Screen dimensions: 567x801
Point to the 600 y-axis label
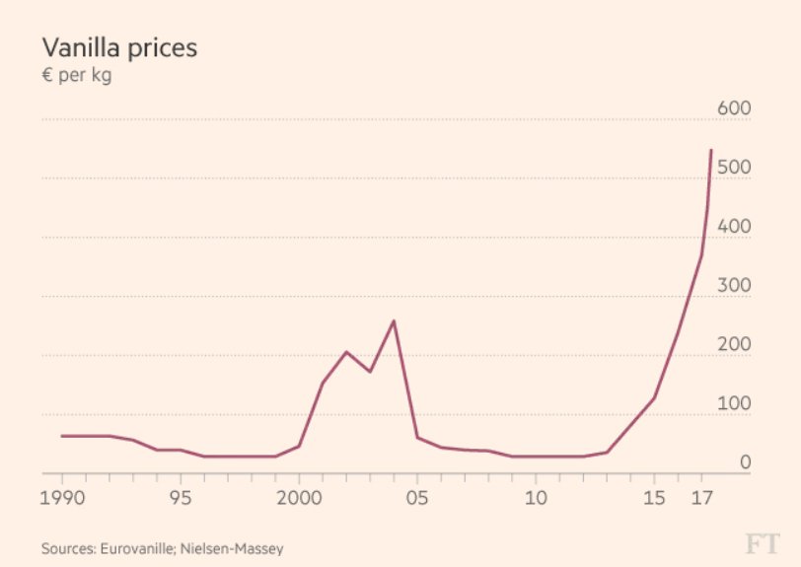pos(735,108)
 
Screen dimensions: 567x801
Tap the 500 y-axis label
pos(735,168)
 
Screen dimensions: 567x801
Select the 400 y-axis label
pos(735,227)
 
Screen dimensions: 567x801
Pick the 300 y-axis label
pos(735,286)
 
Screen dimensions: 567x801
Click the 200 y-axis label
pos(735,345)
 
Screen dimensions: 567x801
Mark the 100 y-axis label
pos(735,404)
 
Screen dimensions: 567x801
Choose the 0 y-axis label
pos(746,462)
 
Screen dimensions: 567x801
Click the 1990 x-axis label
pos(62,497)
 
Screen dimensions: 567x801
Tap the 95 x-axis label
pos(180,497)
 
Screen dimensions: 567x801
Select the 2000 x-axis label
pos(299,497)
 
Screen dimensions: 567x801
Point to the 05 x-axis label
pos(417,497)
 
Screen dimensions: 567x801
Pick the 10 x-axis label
pos(536,497)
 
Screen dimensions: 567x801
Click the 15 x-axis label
pos(654,497)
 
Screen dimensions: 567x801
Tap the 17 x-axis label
pos(701,497)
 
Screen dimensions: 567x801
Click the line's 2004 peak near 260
pos(394,320)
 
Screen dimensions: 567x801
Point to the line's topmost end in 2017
pos(711,150)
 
